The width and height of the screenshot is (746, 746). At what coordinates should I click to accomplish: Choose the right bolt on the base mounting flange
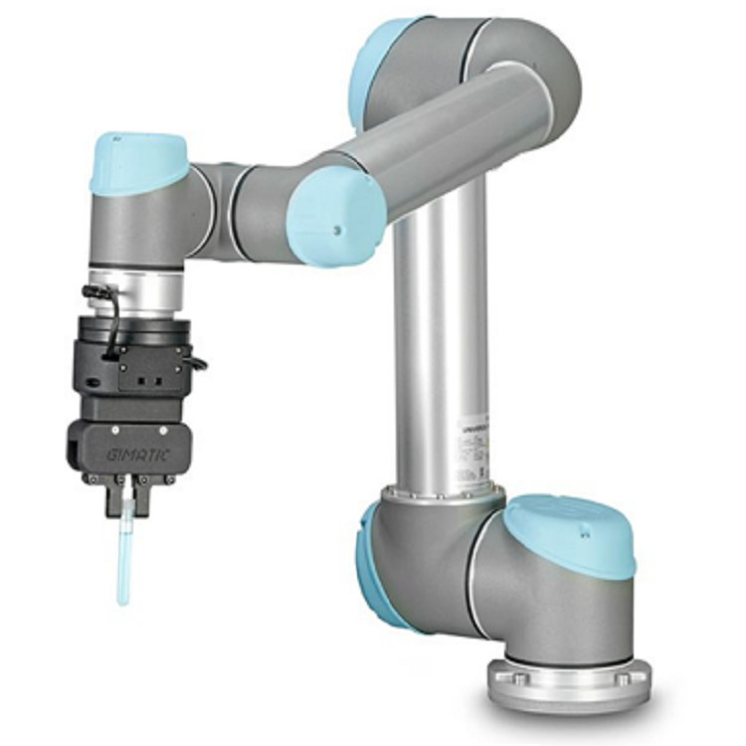622,679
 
